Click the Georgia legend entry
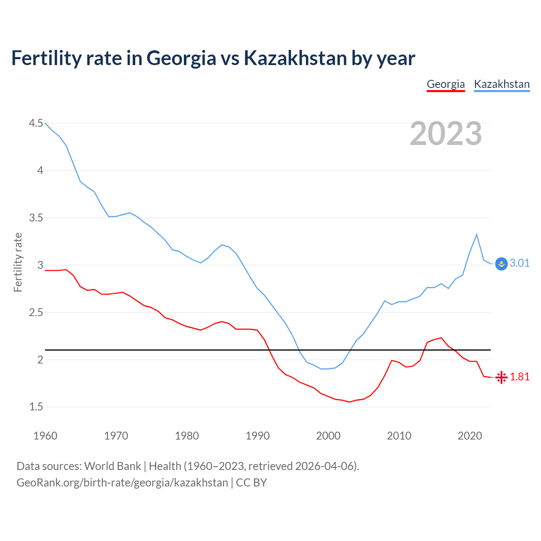pos(445,84)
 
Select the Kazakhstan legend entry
pos(502,84)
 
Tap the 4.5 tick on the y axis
pos(36,123)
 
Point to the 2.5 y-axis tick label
pos(36,313)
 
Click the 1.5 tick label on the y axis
pos(36,407)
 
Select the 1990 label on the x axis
pos(257,436)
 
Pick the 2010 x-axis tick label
pos(399,436)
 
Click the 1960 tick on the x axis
pos(45,436)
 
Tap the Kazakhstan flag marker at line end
pos(501,264)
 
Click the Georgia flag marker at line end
pos(501,377)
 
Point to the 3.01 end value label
pos(519,263)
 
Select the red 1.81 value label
pos(519,377)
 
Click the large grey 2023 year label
pos(445,134)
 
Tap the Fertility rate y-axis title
pos(18,262)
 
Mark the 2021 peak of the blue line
pos(477,234)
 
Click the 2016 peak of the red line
pos(441,338)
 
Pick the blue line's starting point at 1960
pos(45,123)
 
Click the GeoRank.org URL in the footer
pos(122,482)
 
